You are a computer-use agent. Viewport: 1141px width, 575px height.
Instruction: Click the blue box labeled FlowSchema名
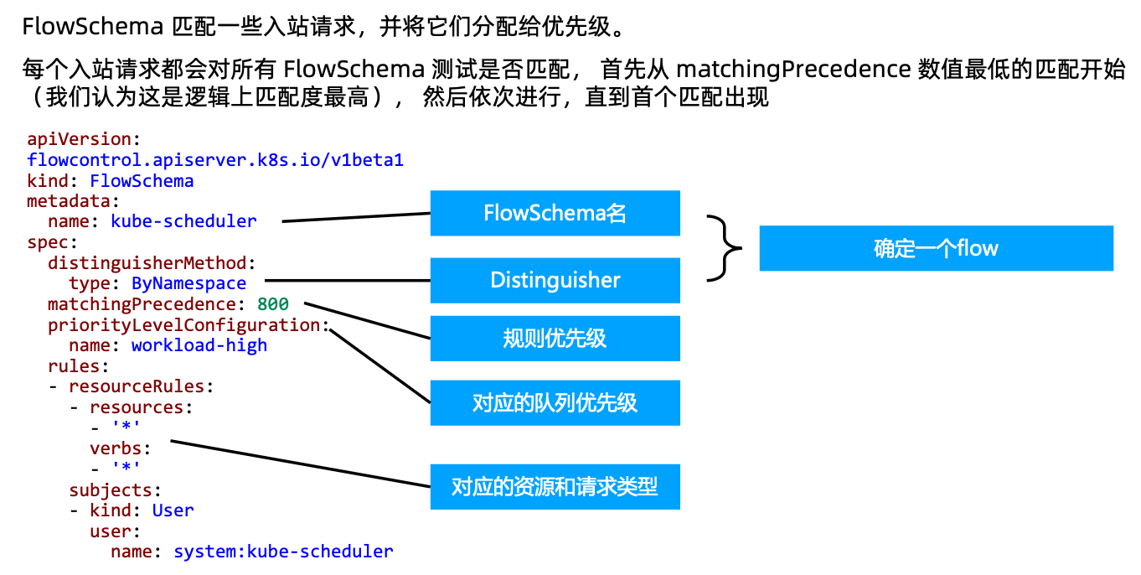[555, 213]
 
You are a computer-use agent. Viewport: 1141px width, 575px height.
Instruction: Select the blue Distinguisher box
[555, 280]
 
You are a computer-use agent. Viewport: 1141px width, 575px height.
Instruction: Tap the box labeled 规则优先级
[555, 339]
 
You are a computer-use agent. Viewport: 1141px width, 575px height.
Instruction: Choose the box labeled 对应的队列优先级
[555, 402]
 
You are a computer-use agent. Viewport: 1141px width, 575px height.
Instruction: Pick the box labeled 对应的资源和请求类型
[555, 486]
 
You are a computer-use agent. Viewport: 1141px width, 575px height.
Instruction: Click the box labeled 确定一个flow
[936, 248]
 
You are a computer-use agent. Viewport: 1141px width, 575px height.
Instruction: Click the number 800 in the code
[273, 304]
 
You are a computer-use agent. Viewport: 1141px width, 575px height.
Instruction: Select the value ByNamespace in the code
[188, 283]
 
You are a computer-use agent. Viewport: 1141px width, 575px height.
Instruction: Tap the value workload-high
[199, 345]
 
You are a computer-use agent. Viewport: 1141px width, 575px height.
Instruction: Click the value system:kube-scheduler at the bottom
[283, 552]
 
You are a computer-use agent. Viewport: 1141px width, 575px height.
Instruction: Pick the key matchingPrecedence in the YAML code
[142, 304]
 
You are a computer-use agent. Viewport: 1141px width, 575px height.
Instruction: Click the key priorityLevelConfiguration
[184, 325]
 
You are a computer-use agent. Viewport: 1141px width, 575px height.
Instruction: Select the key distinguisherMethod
[147, 263]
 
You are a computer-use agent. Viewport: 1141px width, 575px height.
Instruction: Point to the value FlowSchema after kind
[142, 181]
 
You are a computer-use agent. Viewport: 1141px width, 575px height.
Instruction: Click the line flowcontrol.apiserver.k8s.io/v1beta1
[215, 160]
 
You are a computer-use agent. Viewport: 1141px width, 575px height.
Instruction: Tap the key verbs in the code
[116, 448]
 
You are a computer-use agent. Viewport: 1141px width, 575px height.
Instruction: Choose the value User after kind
[173, 510]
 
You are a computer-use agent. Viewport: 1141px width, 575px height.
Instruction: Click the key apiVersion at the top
[79, 139]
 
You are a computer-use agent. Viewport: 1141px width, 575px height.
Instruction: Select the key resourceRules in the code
[137, 386]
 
